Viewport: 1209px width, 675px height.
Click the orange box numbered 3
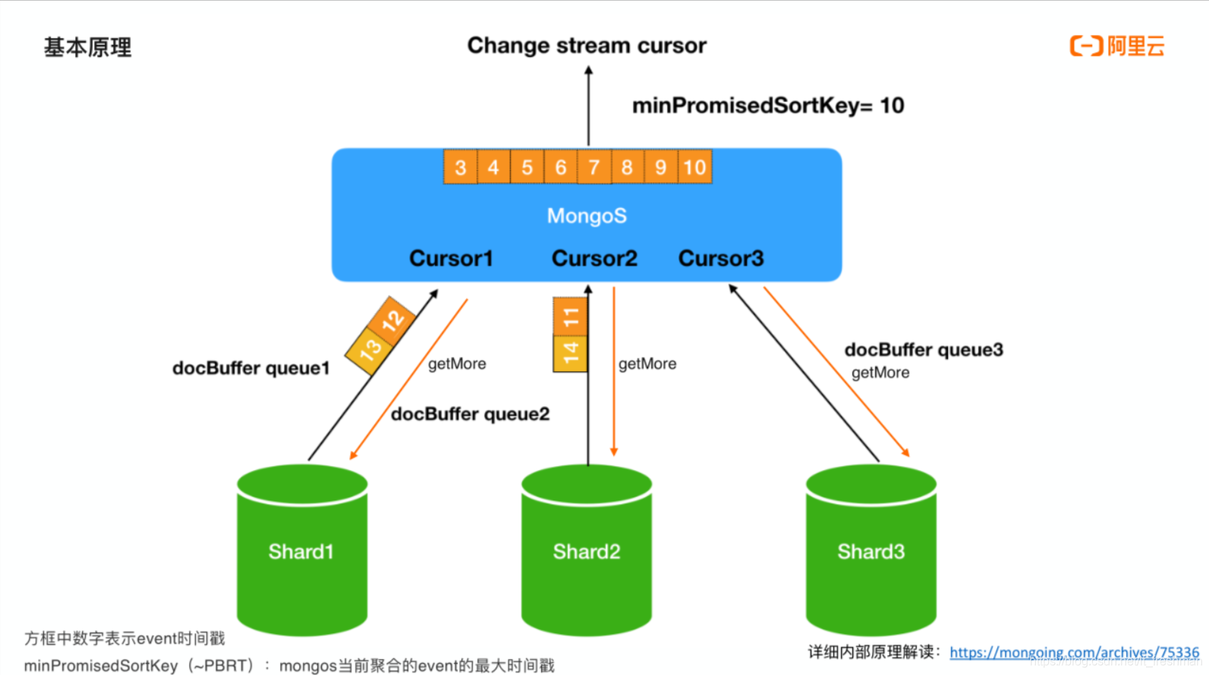[460, 167]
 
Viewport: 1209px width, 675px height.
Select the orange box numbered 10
[694, 167]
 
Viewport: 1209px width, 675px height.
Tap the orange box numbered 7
[593, 167]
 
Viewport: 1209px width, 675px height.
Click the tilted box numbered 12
[392, 320]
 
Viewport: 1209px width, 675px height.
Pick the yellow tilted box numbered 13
[370, 350]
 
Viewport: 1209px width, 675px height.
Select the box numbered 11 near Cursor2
[570, 317]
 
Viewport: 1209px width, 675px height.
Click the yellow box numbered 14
[570, 352]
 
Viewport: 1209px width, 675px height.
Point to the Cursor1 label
[451, 258]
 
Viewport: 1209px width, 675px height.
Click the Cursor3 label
[720, 258]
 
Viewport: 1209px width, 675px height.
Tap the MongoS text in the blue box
[587, 216]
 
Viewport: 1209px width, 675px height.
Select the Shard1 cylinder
[301, 551]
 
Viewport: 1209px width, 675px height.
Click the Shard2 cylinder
[586, 551]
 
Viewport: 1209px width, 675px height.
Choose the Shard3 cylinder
[871, 551]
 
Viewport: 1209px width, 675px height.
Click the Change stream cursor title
[586, 46]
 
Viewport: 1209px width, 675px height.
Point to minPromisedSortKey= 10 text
[767, 105]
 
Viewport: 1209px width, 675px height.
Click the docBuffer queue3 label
[923, 349]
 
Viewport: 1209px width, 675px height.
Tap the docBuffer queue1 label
[250, 368]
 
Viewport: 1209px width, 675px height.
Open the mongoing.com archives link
[1073, 652]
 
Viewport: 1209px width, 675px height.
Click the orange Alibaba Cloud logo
[1116, 46]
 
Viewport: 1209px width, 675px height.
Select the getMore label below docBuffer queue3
[880, 373]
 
